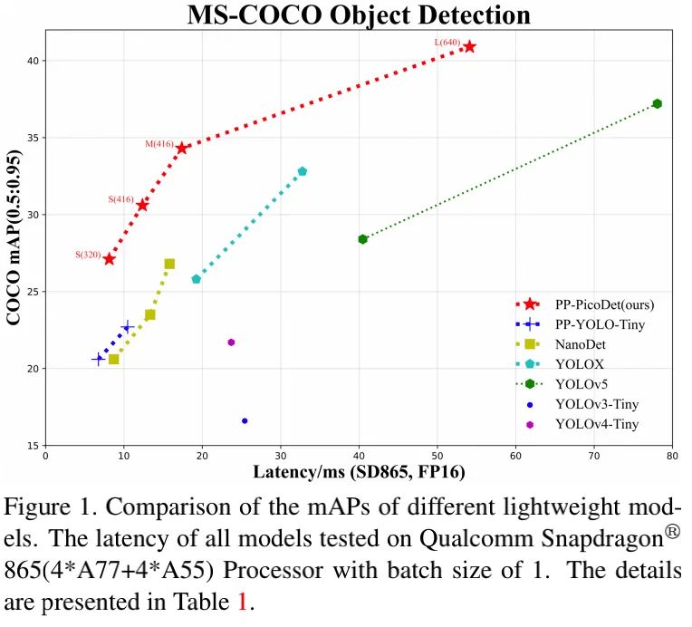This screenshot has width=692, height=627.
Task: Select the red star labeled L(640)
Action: [x=469, y=46]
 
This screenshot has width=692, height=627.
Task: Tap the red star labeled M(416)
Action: [x=182, y=148]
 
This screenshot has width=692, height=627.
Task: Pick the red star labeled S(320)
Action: [x=110, y=258]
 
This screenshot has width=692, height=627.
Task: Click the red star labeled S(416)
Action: [x=142, y=205]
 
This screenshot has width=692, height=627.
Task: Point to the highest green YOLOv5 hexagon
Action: [x=658, y=103]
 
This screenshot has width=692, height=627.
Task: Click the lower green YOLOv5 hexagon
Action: [x=362, y=239]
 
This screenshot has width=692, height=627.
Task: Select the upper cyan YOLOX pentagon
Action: [x=303, y=171]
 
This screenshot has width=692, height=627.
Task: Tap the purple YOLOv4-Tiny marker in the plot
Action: [x=231, y=342]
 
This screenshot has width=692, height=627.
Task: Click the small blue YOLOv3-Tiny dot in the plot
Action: [x=245, y=420]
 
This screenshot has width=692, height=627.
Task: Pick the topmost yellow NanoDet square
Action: [x=169, y=264]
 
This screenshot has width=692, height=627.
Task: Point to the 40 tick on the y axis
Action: [x=33, y=61]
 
